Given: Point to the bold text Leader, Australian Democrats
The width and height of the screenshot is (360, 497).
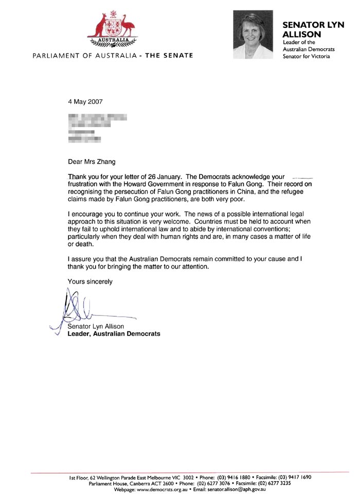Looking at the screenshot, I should [114, 334].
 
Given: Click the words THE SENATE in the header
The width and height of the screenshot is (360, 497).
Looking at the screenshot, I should [169, 56].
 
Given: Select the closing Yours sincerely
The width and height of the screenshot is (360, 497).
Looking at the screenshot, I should [90, 282].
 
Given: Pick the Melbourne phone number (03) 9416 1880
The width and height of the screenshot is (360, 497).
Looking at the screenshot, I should [237, 477].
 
